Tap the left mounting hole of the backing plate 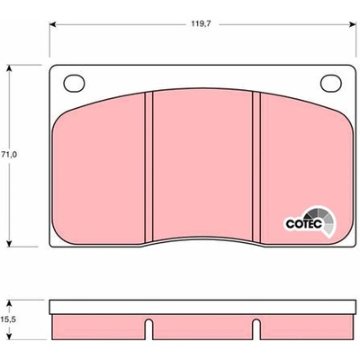74,83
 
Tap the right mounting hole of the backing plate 331,83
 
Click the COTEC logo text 303,224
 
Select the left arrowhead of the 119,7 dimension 53,24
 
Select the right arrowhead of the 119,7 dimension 353,24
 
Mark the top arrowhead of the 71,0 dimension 10,68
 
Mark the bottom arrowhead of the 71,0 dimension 10,243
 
